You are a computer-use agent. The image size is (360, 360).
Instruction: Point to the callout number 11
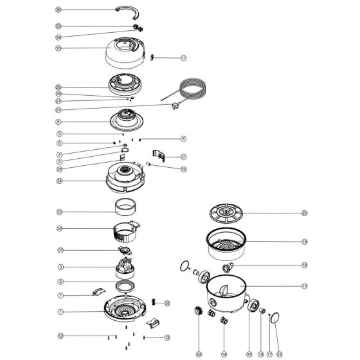pos(183,58)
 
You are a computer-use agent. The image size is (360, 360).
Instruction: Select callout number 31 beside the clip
pos(183,156)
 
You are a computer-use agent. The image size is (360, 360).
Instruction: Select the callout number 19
pos(305,242)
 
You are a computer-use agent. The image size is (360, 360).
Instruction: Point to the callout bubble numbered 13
pos(305,285)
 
